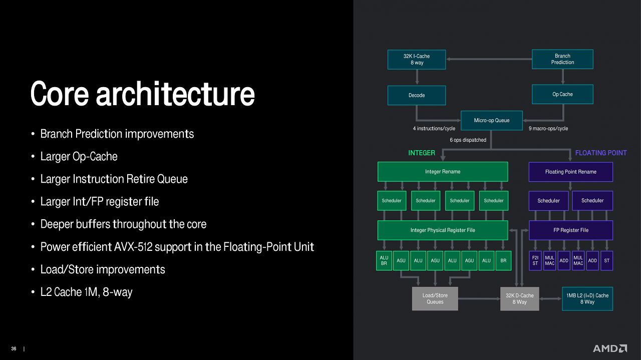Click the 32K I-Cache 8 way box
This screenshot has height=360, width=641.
coord(416,60)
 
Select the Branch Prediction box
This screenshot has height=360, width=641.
coord(562,59)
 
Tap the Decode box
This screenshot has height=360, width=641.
coord(416,95)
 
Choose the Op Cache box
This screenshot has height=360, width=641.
coord(562,94)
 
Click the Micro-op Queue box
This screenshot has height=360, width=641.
coord(492,121)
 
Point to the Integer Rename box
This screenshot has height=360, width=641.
coord(443,172)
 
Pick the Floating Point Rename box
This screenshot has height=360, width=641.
coord(570,172)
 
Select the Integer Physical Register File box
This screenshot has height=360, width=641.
coord(443,230)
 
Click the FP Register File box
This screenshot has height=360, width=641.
coord(570,230)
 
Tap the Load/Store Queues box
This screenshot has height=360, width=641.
coord(435,299)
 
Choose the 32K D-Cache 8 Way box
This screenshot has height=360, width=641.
coord(520,299)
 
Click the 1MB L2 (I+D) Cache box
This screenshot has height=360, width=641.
coord(587,299)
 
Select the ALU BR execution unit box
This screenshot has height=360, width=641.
coord(384,261)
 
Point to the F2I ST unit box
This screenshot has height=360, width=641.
coord(535,261)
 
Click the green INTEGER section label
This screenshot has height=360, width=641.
coord(422,153)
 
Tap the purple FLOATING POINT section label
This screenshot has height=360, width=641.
coord(601,153)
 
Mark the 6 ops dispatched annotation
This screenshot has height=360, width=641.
coord(468,140)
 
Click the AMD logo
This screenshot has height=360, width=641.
coord(610,348)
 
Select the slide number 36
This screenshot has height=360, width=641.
coord(14,348)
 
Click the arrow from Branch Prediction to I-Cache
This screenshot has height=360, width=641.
coord(489,59)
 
